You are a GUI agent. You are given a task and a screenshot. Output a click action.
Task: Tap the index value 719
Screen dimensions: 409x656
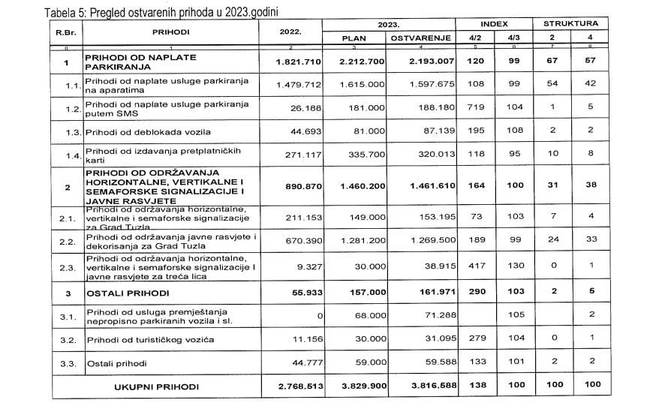475,107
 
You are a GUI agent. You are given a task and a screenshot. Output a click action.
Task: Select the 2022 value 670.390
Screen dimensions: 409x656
286,242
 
